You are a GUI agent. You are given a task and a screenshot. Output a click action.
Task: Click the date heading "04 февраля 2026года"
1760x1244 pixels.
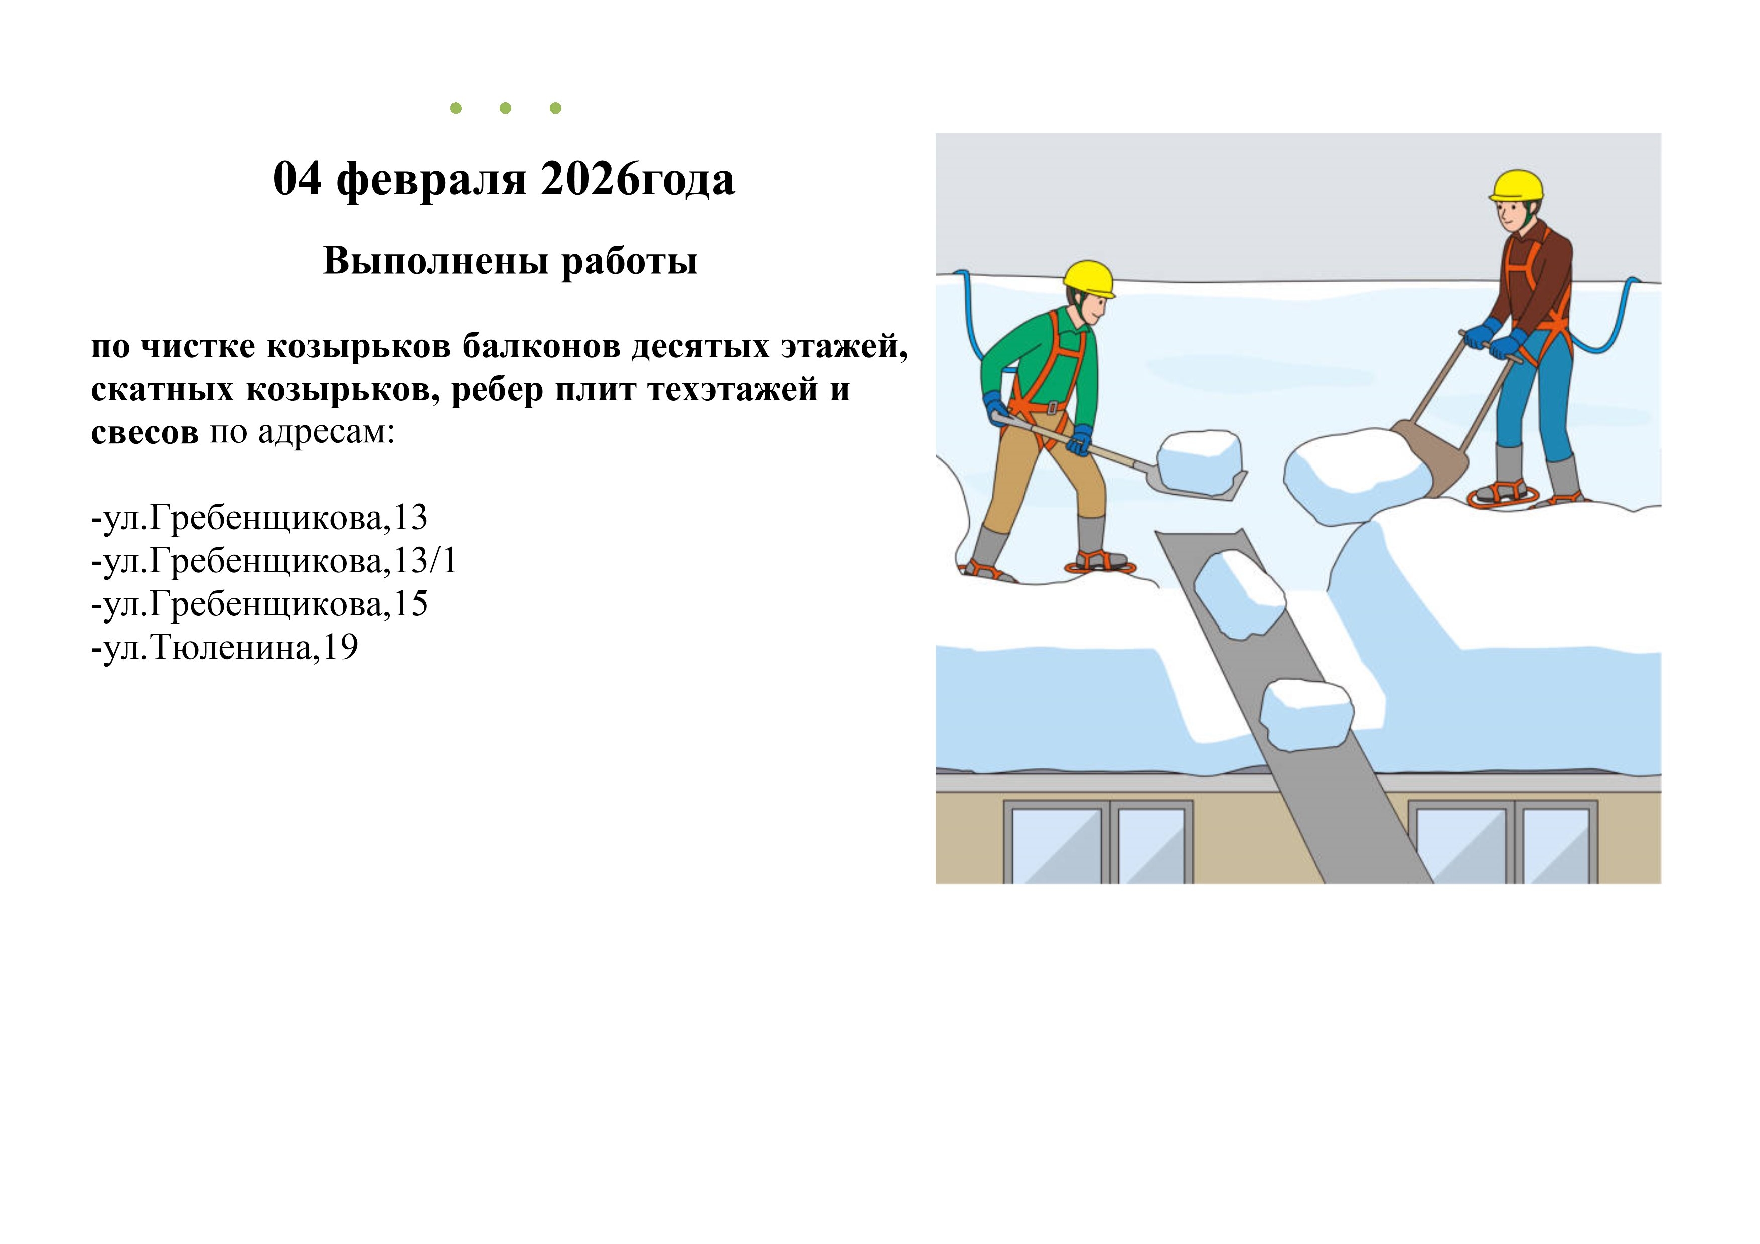tap(504, 180)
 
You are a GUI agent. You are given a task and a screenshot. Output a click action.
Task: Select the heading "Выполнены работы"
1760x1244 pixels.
tap(511, 261)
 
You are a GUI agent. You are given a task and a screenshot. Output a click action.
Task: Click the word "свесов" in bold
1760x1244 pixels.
tap(144, 433)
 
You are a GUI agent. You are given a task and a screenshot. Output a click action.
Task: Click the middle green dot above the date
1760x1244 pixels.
tap(505, 108)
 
